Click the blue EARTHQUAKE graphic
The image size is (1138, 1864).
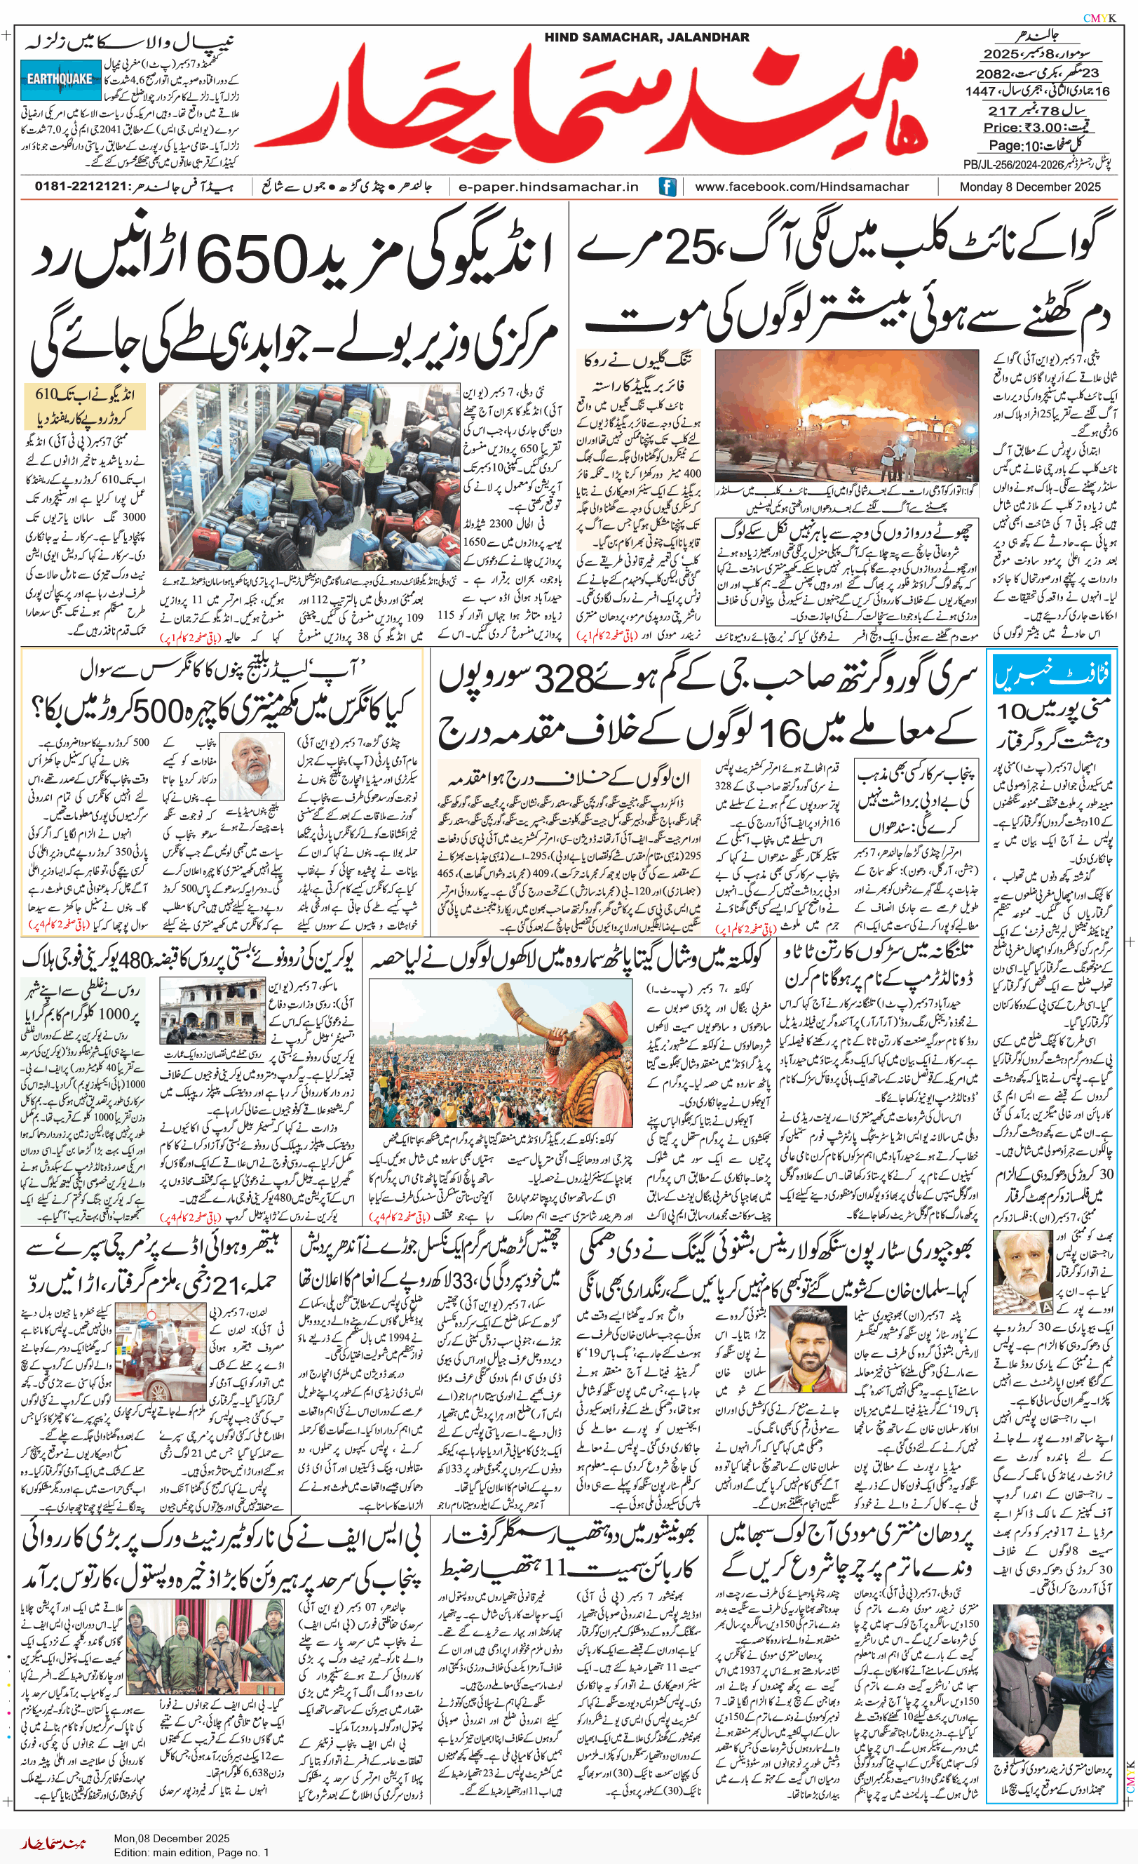click(60, 79)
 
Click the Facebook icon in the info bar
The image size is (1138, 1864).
click(667, 186)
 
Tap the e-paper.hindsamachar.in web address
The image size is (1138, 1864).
click(548, 186)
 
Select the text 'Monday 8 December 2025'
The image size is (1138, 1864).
click(1030, 186)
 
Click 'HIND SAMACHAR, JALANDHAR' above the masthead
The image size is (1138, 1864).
click(646, 37)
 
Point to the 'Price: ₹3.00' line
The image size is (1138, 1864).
click(1022, 127)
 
